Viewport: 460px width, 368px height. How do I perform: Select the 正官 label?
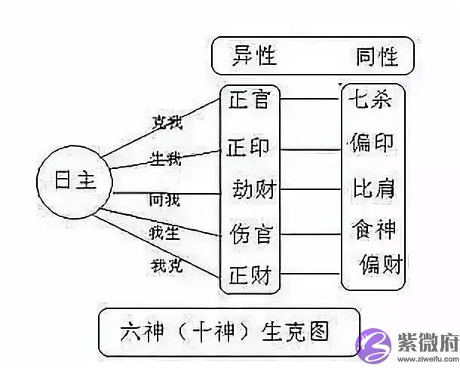249,99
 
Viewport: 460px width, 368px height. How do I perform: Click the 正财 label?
249,276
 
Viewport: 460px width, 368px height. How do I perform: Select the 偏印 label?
374,143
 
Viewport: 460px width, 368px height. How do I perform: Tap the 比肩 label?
374,186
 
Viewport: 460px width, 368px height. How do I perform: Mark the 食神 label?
374,228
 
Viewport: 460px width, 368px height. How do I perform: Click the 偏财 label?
380,265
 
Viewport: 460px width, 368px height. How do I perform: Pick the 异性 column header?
254,55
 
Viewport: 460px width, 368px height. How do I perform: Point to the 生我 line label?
167,158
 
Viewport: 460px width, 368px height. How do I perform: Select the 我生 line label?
166,233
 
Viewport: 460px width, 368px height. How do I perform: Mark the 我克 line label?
166,266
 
